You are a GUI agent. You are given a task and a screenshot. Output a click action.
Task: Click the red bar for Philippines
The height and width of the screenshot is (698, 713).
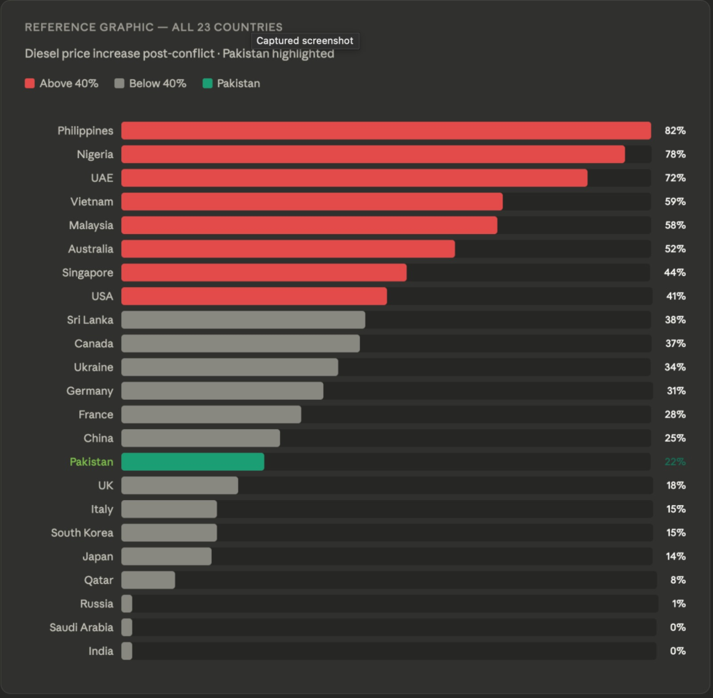pos(386,131)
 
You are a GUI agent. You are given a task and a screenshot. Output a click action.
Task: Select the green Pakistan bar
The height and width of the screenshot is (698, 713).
pos(193,462)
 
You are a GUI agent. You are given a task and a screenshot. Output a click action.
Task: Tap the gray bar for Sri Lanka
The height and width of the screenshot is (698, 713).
pos(243,320)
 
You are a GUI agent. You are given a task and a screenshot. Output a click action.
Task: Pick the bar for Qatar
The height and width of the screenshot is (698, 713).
pos(148,580)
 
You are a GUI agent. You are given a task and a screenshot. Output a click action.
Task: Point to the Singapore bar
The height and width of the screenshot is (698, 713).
pos(264,272)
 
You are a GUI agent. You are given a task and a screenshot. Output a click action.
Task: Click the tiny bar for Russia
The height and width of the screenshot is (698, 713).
pos(127,604)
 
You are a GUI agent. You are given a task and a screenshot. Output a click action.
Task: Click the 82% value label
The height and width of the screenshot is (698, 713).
pos(675,131)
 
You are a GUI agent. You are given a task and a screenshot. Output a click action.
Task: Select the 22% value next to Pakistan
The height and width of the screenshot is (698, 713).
pos(675,462)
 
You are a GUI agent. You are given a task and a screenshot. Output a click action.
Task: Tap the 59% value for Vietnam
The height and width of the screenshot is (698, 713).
pos(675,202)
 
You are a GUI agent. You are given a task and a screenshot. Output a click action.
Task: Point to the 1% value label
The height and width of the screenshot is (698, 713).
pos(678,604)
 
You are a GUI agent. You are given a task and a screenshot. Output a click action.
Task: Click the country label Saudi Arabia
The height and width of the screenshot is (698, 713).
pos(81,628)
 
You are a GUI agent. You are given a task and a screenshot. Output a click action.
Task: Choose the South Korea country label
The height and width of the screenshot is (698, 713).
pos(82,533)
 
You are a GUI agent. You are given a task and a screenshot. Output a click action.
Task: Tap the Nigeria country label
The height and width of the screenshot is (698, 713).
pos(95,155)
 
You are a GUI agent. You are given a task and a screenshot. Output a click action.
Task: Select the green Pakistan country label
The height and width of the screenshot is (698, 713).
pos(91,462)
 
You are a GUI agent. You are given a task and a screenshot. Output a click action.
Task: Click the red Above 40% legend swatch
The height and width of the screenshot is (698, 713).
pos(30,84)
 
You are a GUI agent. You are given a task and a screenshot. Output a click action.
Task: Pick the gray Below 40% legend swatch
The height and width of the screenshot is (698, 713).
pos(119,84)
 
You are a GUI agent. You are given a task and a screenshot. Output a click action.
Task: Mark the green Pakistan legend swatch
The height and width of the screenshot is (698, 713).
pos(207,84)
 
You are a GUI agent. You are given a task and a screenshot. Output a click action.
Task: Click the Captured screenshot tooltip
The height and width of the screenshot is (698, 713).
pos(305,41)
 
